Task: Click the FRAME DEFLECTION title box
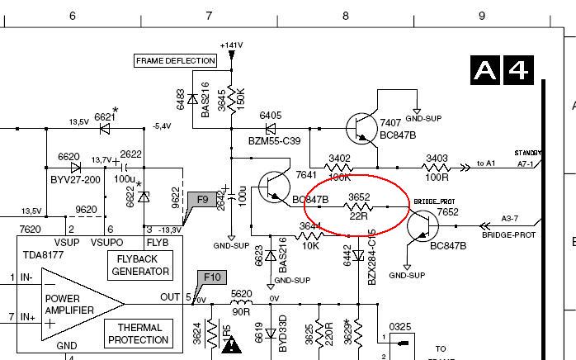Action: [x=176, y=60]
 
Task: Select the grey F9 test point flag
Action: [x=202, y=200]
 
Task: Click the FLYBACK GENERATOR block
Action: [x=140, y=265]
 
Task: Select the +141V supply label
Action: [x=232, y=45]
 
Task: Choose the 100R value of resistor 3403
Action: [x=437, y=178]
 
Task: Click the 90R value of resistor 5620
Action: [x=240, y=312]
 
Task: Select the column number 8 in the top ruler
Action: [x=345, y=16]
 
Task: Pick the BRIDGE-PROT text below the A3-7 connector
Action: [x=508, y=235]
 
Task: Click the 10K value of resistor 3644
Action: [x=310, y=245]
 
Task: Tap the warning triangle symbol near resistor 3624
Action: [x=232, y=343]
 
